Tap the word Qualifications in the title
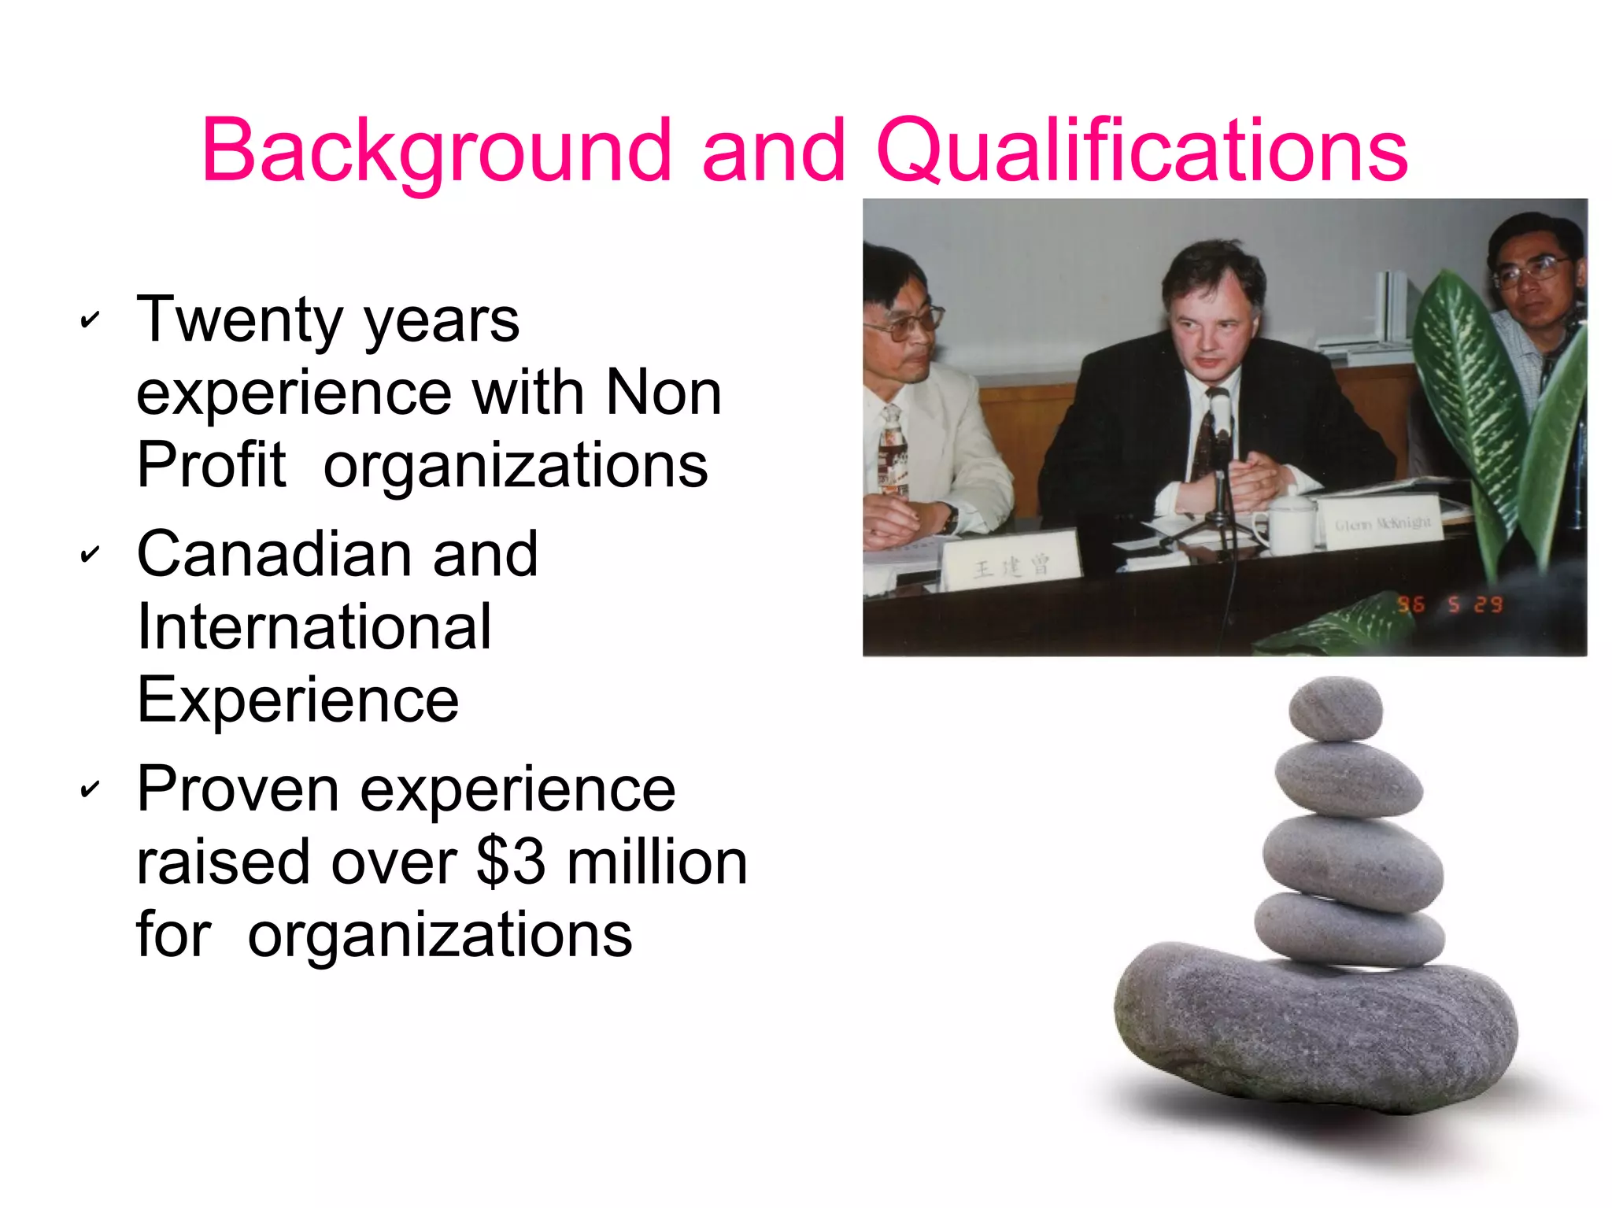click(x=1141, y=150)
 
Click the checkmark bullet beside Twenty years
click(x=91, y=320)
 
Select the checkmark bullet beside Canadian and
click(x=91, y=555)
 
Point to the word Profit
click(x=211, y=464)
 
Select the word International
click(x=314, y=626)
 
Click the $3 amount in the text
click(x=510, y=861)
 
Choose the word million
click(x=656, y=861)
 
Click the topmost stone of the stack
click(x=1335, y=708)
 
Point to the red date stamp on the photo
click(x=1450, y=604)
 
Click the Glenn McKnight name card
click(x=1382, y=522)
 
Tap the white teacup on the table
click(x=1291, y=519)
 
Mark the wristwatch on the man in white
click(x=951, y=517)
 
